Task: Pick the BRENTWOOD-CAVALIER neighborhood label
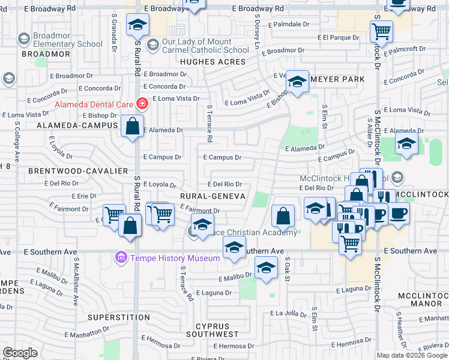point(79,171)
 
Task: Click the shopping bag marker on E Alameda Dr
point(133,127)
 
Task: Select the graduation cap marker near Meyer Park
point(297,82)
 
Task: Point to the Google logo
point(20,353)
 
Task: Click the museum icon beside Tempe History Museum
point(121,258)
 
